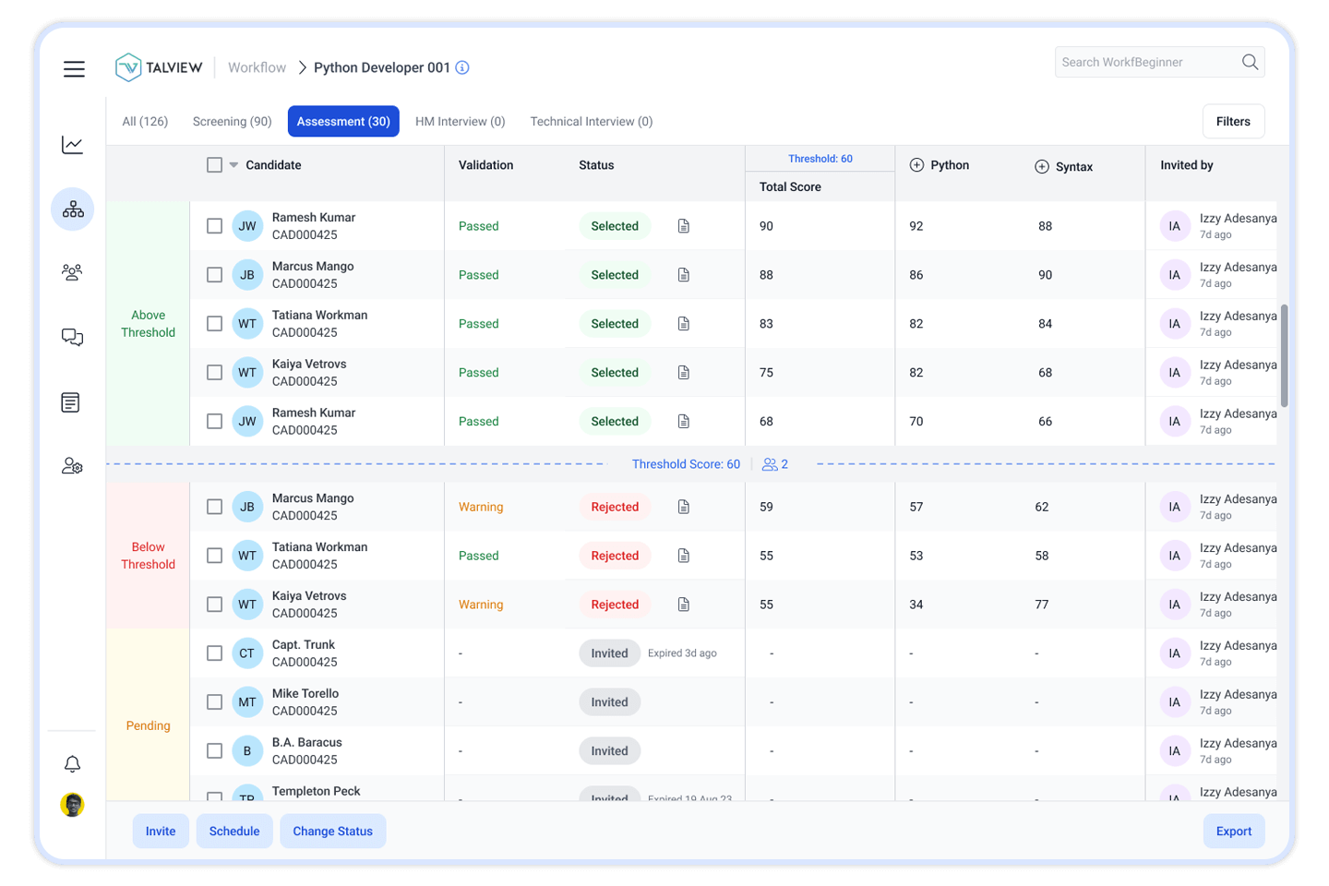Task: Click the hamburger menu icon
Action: (74, 69)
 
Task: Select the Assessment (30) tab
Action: (343, 122)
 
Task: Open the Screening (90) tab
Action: (232, 122)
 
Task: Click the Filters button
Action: (1233, 122)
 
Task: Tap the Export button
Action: (1234, 832)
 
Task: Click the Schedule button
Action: (234, 832)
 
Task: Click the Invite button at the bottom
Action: (161, 832)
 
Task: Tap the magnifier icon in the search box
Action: (1250, 62)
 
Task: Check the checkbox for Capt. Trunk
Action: (215, 653)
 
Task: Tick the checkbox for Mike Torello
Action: (215, 702)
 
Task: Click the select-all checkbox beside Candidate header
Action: (215, 165)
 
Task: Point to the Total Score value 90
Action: (767, 226)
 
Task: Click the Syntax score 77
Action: (1042, 605)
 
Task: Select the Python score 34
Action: (916, 605)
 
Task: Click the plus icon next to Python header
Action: (916, 165)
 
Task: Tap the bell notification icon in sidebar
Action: (72, 764)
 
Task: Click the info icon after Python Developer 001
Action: (462, 67)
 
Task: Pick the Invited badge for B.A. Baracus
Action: (609, 751)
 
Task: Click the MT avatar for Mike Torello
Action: (247, 702)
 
